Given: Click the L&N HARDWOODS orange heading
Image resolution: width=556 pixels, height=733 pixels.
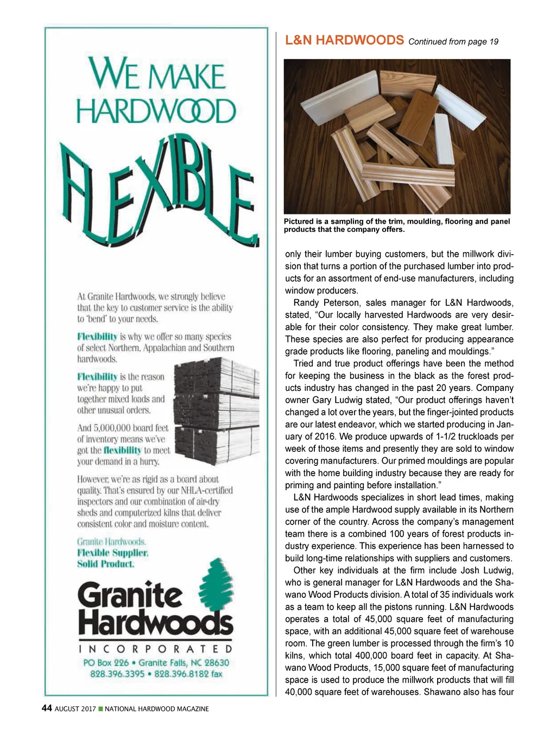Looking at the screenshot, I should [344, 40].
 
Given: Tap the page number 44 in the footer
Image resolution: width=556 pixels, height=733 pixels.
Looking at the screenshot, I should [47, 708].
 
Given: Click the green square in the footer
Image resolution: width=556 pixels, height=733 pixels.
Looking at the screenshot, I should [100, 709].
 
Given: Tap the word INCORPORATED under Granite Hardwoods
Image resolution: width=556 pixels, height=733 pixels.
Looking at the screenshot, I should [156, 649].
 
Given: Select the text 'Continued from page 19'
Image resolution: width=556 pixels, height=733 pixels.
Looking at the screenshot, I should [453, 42].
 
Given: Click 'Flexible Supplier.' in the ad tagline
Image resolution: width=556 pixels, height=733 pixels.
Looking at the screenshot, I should [112, 553].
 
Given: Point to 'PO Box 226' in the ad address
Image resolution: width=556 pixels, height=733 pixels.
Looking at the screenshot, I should [106, 663].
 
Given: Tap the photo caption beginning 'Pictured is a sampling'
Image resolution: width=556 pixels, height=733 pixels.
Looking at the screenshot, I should [397, 225].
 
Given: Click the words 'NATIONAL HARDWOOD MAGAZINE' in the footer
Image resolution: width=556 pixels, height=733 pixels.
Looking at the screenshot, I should [156, 709].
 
